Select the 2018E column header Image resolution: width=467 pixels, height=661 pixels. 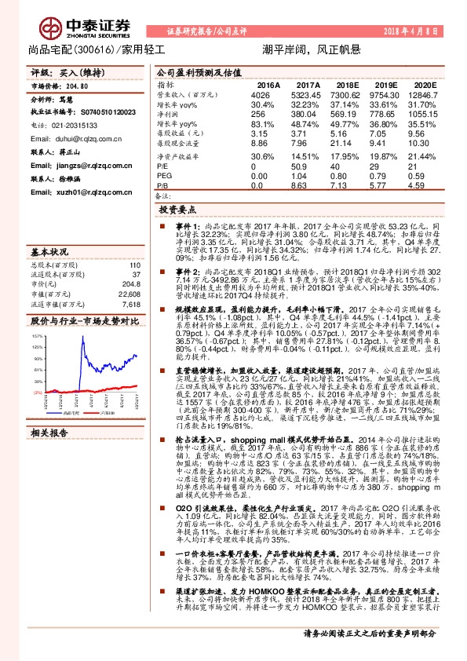347,84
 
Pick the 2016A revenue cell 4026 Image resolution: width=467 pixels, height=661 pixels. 261,93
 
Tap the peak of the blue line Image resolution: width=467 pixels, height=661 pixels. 133,354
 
